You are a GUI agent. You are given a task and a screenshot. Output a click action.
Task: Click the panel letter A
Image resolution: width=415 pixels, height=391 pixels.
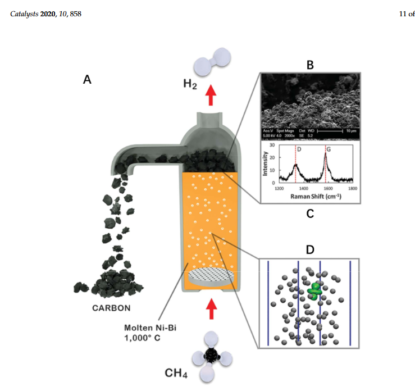(x=87, y=80)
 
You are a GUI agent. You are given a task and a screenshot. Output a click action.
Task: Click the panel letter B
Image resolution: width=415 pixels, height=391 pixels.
(x=309, y=66)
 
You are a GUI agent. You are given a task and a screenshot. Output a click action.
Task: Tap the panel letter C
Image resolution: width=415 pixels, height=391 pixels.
(x=309, y=213)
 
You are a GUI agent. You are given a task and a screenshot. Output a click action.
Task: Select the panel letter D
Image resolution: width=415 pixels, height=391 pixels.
(x=309, y=248)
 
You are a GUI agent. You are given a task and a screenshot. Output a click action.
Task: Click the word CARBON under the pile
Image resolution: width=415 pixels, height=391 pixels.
(x=112, y=307)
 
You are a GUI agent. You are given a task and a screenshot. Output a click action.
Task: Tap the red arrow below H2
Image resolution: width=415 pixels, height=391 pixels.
(x=211, y=96)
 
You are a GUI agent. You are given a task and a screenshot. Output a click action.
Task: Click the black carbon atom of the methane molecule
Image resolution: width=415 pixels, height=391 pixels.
(x=211, y=354)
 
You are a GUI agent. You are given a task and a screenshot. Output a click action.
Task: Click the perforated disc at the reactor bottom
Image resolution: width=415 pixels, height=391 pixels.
(x=211, y=276)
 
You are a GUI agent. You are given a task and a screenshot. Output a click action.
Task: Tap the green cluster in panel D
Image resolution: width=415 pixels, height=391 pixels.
(x=316, y=290)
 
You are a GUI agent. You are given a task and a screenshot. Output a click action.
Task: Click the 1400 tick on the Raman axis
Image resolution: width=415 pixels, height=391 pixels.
(x=304, y=189)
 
